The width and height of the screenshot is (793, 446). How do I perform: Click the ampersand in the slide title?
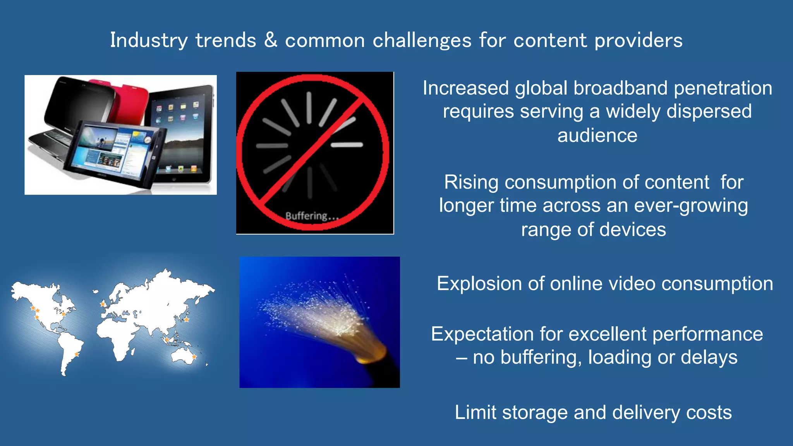(x=271, y=40)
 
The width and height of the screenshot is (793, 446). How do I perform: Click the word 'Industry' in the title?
(x=149, y=41)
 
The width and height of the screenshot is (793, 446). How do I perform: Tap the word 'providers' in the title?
(x=639, y=41)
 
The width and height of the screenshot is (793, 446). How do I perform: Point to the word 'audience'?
(x=597, y=136)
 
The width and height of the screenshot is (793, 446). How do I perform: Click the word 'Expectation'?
(x=482, y=334)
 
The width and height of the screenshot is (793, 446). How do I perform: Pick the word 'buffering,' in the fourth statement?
(x=541, y=357)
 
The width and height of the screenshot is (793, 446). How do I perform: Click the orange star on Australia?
(x=194, y=357)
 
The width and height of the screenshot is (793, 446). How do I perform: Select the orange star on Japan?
(x=186, y=320)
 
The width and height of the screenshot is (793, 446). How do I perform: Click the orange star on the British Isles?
(x=103, y=304)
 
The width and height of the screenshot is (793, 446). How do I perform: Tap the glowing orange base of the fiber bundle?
(x=374, y=354)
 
